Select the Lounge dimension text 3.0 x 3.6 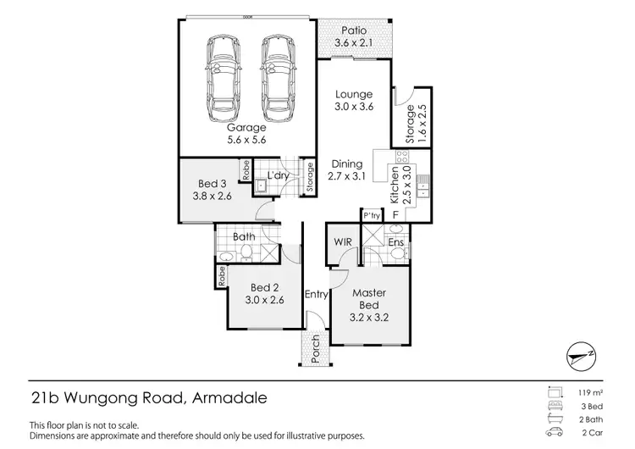tap(353, 107)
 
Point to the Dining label tap(346, 164)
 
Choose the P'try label tap(371, 215)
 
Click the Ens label tap(395, 242)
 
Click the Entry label tap(316, 295)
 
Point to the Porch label tap(316, 350)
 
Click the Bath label tap(245, 236)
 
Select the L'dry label tap(279, 175)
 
